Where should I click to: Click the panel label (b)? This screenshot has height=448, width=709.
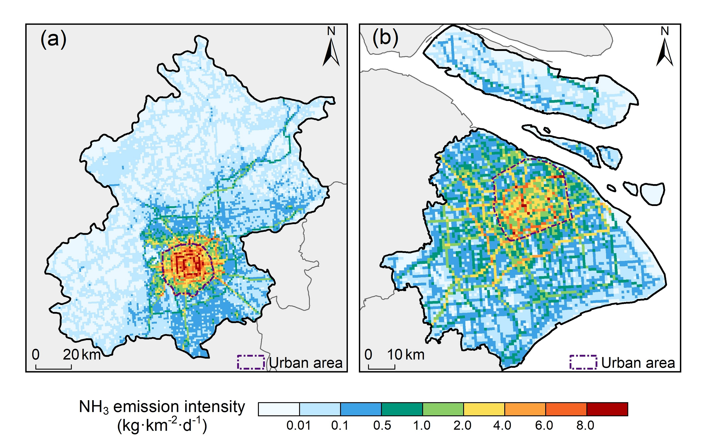pos(385,38)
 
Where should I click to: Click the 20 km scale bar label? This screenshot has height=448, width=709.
pos(82,355)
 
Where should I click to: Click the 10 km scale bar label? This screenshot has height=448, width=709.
pos(405,355)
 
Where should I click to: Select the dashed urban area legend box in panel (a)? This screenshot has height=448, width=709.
pos(251,362)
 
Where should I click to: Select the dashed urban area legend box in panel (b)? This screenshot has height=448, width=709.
pos(583,362)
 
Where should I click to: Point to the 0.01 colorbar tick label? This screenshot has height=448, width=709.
pos(299,426)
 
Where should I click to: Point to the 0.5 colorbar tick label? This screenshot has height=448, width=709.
pos(382,426)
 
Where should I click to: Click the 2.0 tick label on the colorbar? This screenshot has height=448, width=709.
pos(462,426)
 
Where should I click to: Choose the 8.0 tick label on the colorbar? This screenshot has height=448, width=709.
pos(585,426)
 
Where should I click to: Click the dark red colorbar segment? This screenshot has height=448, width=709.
pos(607,409)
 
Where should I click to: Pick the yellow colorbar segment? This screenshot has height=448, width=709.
pos(484,409)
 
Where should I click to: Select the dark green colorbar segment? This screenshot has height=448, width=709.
pos(402,409)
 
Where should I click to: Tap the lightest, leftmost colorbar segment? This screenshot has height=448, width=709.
pos(279,409)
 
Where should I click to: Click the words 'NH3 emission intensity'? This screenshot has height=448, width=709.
pos(162,407)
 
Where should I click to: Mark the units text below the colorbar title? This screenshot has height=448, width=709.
pos(162,425)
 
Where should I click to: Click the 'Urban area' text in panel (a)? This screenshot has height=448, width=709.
pos(305,363)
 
